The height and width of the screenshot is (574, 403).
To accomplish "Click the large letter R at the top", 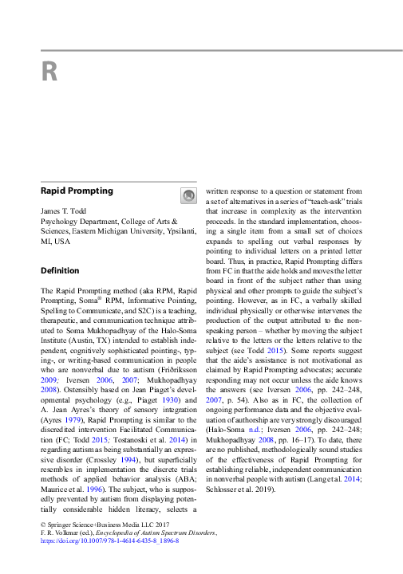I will [49, 73].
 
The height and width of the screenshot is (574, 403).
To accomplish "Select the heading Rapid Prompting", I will [77, 191].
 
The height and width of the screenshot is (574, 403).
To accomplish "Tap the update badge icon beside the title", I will [188, 195].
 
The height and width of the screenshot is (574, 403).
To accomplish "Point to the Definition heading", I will [60, 270].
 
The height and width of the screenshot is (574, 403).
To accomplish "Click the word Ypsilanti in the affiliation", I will [172, 230].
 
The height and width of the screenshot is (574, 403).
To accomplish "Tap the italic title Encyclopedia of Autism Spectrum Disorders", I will [149, 532].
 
